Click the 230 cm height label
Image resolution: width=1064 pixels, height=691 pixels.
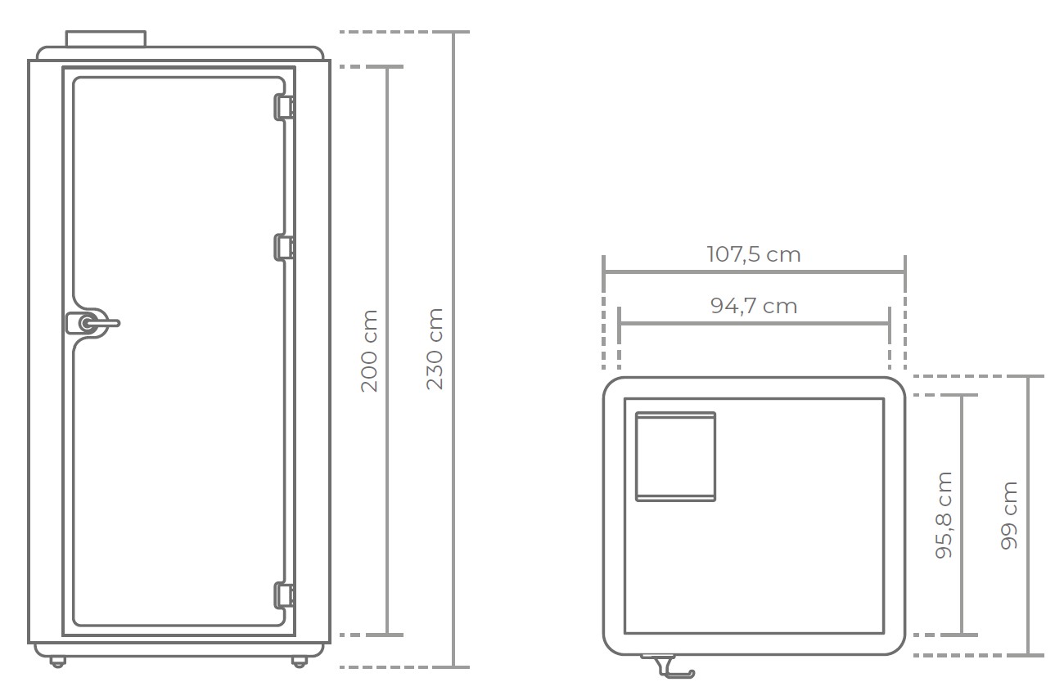(435, 349)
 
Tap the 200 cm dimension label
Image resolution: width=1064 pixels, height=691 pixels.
(369, 351)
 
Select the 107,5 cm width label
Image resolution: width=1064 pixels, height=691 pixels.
(754, 254)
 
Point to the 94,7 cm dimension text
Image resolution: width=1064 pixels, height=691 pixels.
(754, 306)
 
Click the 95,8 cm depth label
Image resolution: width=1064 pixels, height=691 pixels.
(944, 515)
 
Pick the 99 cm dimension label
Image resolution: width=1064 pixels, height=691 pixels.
(1009, 515)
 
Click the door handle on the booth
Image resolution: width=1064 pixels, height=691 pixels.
(92, 323)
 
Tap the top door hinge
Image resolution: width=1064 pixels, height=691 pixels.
(284, 107)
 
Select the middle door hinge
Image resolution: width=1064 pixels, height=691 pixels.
(284, 247)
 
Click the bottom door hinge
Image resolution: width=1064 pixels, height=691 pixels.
(284, 595)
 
